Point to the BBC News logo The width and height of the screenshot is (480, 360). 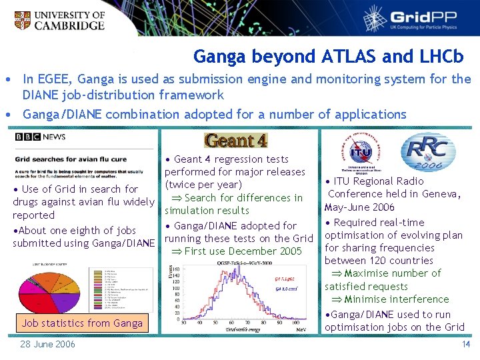[41, 137]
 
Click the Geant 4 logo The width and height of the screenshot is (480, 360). [236, 141]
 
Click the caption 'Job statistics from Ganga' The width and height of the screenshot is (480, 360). [82, 323]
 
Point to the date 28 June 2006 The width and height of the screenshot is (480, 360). [47, 344]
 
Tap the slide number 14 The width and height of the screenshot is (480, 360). [466, 344]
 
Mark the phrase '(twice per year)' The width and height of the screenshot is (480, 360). [203, 185]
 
